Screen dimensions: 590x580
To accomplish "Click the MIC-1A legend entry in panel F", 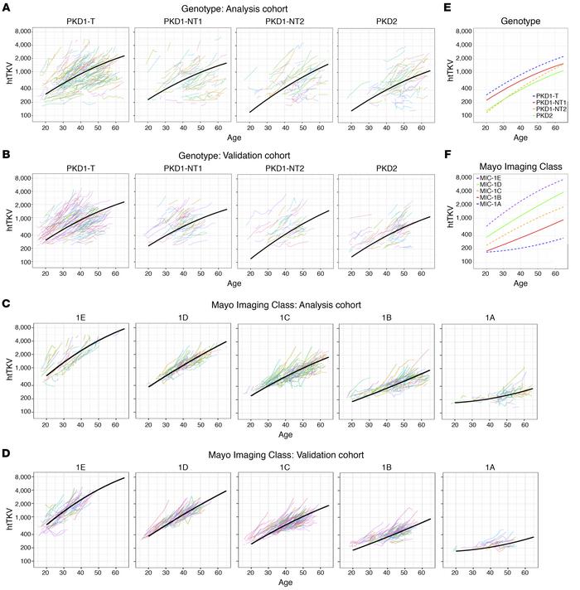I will pos(490,203).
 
